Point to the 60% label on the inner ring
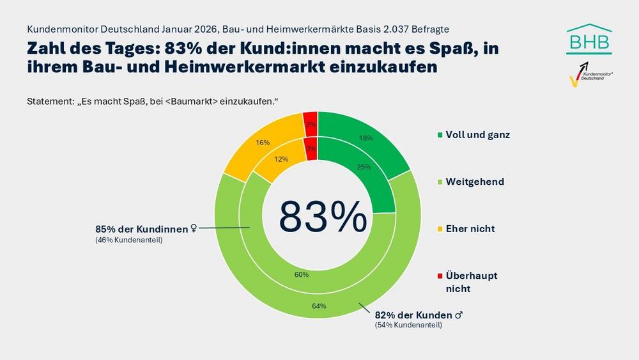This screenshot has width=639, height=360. click(302, 274)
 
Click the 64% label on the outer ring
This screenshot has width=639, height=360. click(319, 306)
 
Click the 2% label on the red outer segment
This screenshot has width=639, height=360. click(311, 125)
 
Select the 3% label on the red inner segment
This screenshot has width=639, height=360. click(311, 148)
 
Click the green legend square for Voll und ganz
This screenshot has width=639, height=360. click(439, 136)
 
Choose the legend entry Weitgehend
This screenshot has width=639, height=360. click(475, 182)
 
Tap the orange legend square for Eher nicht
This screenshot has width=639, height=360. click(439, 229)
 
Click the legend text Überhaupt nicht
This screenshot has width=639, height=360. click(471, 282)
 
